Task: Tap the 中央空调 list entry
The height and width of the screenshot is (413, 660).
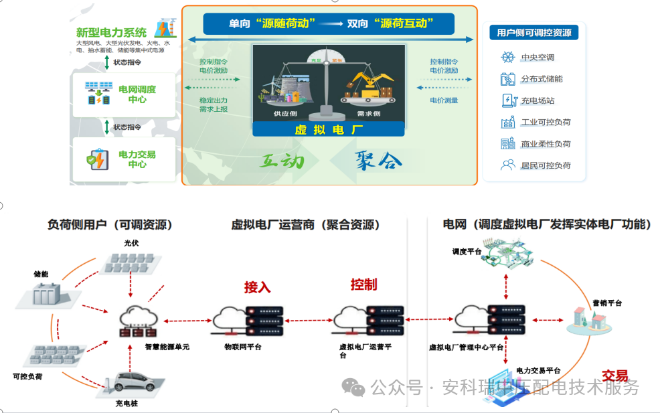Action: [538, 58]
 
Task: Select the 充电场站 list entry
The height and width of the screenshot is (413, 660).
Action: [538, 100]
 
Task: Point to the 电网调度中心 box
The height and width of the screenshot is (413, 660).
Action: [124, 94]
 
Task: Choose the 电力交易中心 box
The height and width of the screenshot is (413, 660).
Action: [124, 159]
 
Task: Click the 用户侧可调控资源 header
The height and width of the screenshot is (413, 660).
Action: [533, 33]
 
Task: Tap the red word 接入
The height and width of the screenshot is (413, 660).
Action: [258, 287]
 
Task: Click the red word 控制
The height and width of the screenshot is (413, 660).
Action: [363, 284]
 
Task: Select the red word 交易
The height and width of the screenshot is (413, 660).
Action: [614, 376]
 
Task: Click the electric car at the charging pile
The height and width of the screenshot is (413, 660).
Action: [136, 383]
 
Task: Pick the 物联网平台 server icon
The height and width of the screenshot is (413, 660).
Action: [248, 320]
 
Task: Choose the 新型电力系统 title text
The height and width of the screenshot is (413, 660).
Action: [111, 32]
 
